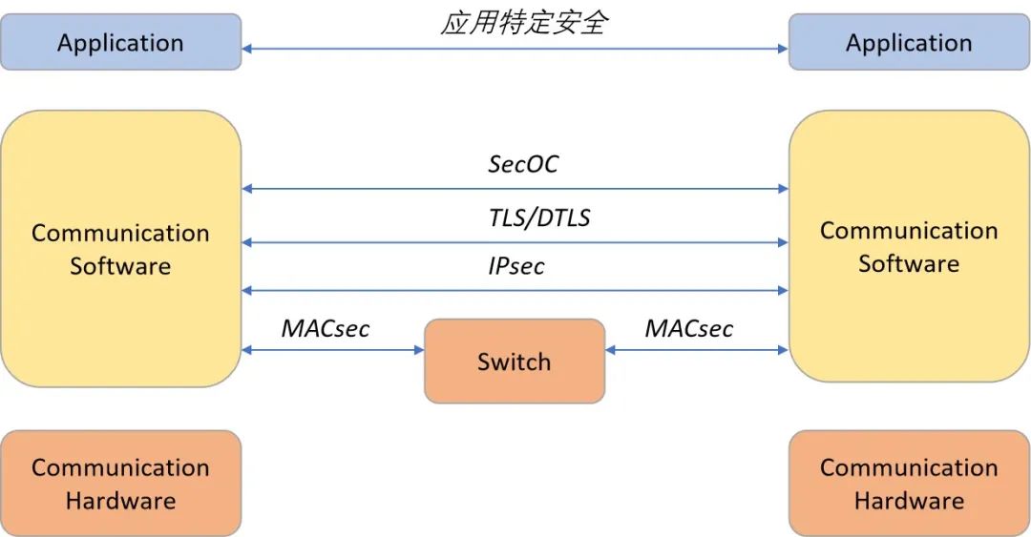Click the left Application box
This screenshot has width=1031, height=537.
120,43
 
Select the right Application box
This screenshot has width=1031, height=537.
909,43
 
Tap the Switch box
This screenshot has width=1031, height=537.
515,361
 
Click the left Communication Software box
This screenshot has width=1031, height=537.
120,249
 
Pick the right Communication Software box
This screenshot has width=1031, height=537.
909,246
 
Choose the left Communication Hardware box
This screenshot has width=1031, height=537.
120,484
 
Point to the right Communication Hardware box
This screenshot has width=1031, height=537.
909,484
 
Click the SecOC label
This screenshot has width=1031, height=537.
523,164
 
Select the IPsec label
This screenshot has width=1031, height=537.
516,266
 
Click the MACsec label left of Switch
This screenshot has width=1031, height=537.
326,329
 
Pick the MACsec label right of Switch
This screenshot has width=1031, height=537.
689,329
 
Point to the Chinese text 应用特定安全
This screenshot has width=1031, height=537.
523,23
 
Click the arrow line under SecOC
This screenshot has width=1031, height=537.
515,189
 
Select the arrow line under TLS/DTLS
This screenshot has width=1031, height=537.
515,242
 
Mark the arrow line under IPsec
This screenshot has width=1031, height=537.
515,290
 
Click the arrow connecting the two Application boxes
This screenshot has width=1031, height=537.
515,48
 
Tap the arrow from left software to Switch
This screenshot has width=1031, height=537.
333,350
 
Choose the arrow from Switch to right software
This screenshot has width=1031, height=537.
697,350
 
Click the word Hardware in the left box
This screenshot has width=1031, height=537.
120,501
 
